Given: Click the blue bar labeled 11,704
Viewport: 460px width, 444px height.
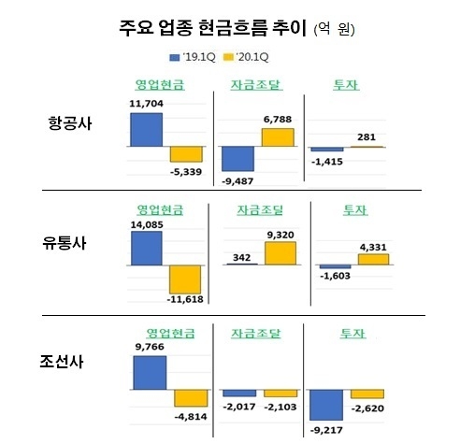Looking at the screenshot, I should click(147, 130).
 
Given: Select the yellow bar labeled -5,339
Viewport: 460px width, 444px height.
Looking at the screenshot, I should click(184, 155).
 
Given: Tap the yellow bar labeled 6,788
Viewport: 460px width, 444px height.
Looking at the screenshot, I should click(279, 137).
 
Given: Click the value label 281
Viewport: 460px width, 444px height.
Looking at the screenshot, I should click(367, 138).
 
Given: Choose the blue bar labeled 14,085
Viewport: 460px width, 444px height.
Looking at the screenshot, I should click(147, 248).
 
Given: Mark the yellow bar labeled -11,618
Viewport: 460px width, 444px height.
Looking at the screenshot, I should click(184, 282).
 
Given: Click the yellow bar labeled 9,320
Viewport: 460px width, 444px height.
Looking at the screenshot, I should click(280, 253).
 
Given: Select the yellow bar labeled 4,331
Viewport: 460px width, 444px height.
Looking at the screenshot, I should click(373, 259).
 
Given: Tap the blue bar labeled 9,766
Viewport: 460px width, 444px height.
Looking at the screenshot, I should click(150, 372).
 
